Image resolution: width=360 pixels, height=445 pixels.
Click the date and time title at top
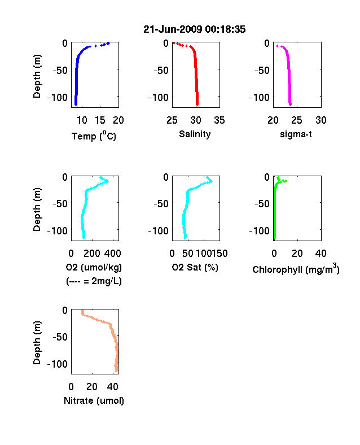click(x=195, y=29)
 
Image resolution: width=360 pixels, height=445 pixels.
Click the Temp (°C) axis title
click(x=94, y=136)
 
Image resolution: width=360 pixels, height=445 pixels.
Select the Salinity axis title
click(x=195, y=134)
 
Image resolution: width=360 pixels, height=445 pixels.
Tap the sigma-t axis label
click(x=296, y=134)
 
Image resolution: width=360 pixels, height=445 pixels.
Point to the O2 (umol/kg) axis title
click(x=94, y=267)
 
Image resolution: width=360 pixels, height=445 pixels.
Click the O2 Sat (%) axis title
click(x=195, y=267)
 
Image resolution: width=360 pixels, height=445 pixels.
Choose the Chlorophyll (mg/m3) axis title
click(x=296, y=268)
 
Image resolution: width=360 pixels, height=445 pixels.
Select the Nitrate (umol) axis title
click(x=94, y=400)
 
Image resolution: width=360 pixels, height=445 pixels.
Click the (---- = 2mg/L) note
click(x=94, y=281)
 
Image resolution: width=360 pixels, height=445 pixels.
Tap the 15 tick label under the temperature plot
click(x=100, y=120)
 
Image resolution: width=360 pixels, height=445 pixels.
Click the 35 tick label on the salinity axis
click(x=219, y=120)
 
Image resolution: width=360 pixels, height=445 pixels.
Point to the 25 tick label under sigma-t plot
click(x=296, y=120)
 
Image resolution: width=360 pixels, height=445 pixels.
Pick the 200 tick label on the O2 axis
click(x=91, y=254)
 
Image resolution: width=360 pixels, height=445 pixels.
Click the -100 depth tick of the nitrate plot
click(x=57, y=364)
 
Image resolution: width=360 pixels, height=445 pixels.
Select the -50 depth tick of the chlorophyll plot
click(x=262, y=203)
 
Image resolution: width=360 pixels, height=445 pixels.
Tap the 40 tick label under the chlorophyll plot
click(x=321, y=254)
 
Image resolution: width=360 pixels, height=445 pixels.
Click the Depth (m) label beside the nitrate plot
click(x=37, y=343)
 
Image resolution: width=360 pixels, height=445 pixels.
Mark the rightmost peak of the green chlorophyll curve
click(x=286, y=181)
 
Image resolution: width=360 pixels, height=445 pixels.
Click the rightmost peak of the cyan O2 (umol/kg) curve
click(x=107, y=181)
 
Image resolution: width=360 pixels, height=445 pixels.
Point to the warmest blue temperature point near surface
click(x=108, y=43)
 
